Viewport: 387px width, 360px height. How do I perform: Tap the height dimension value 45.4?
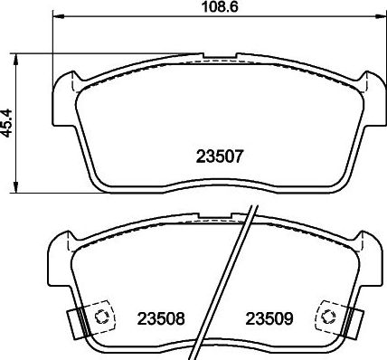8,122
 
